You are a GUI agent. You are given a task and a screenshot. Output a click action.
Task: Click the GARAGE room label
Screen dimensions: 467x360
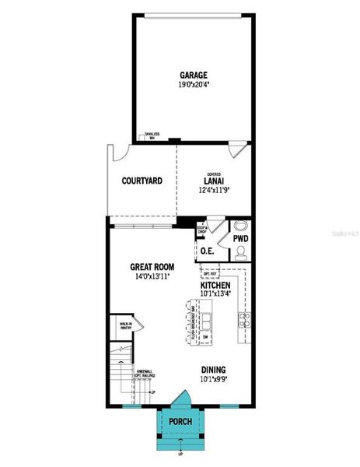tap(194, 75)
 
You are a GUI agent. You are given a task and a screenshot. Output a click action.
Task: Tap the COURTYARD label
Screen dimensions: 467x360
tap(142, 181)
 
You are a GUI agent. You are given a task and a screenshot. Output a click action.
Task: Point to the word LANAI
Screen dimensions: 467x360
tap(214, 181)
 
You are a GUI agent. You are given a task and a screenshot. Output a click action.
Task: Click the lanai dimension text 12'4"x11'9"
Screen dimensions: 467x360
tap(214, 189)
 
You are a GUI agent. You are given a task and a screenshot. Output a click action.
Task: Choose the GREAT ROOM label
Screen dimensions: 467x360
tap(152, 267)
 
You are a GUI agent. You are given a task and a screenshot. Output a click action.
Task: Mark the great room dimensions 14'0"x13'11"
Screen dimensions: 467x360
tap(152, 276)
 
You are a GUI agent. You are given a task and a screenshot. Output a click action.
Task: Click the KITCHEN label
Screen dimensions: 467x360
tap(216, 286)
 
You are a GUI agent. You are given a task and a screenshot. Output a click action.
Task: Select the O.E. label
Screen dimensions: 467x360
tap(207, 251)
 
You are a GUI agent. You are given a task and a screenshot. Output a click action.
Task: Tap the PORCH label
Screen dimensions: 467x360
tap(180, 422)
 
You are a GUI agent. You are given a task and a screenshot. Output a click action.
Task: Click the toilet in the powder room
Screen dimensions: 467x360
tap(239, 252)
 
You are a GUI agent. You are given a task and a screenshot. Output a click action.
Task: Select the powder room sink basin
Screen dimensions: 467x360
tap(239, 226)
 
